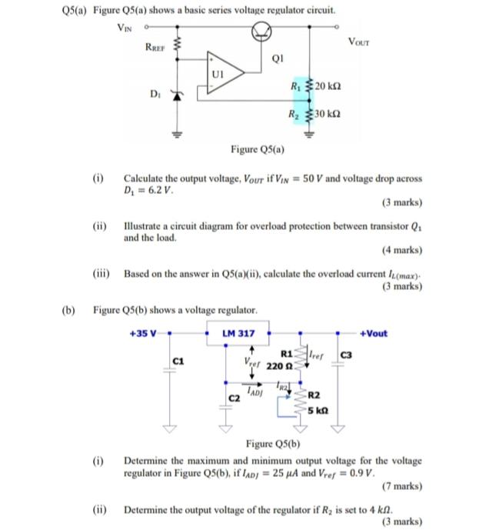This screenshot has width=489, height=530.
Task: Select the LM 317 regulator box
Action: point(239,333)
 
